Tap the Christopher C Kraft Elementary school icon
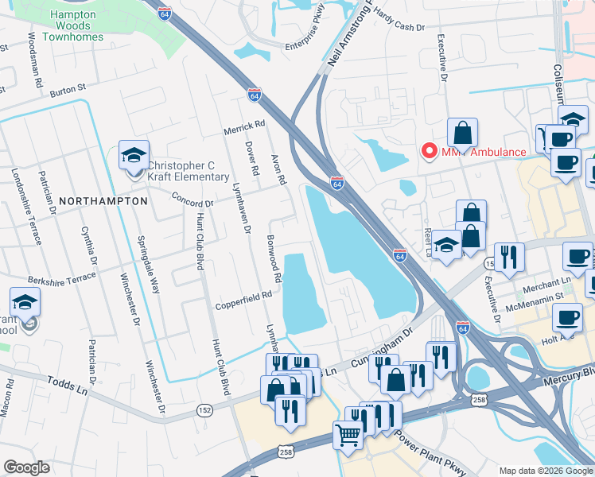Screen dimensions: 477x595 pyautogui.click(x=134, y=155)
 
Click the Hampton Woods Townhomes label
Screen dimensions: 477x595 pyautogui.click(x=72, y=25)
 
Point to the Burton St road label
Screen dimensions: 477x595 pyautogui.click(x=67, y=92)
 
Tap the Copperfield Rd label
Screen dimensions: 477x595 pyautogui.click(x=243, y=296)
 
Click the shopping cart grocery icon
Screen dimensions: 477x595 pyautogui.click(x=348, y=435)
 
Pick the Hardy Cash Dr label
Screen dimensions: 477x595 pyautogui.click(x=399, y=21)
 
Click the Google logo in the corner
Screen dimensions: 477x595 pyautogui.click(x=26, y=467)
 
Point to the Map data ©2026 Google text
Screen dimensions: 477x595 pyautogui.click(x=545, y=471)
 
